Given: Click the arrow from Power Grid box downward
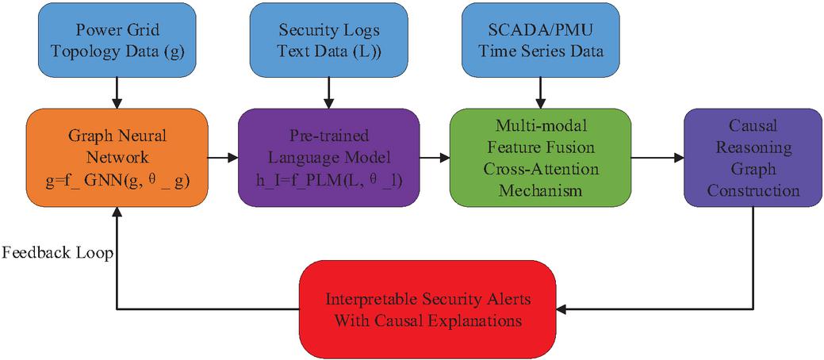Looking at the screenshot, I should (117, 94).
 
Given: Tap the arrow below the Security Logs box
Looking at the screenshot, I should (329, 94).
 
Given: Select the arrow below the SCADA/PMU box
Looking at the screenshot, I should (541, 94).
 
